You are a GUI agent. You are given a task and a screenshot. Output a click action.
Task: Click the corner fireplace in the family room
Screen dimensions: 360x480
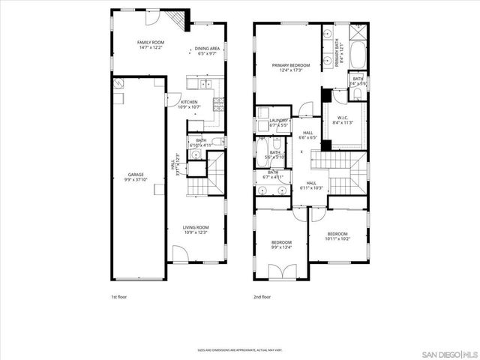[175, 21]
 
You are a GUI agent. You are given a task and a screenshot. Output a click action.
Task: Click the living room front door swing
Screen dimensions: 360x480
[180, 259]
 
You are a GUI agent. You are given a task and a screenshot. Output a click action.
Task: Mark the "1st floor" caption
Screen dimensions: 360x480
[118, 298]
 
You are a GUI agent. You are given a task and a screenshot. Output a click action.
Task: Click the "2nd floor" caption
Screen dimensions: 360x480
[262, 298]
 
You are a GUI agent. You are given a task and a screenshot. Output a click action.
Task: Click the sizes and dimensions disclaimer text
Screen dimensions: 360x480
[239, 350]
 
